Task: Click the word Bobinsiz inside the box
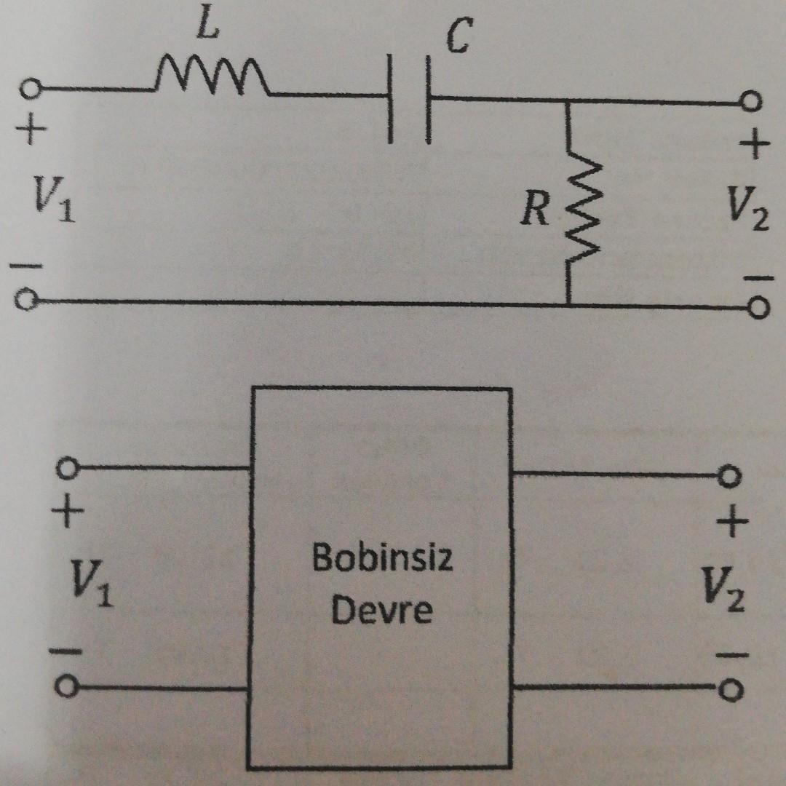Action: (x=382, y=559)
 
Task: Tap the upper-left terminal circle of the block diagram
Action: (x=67, y=469)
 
